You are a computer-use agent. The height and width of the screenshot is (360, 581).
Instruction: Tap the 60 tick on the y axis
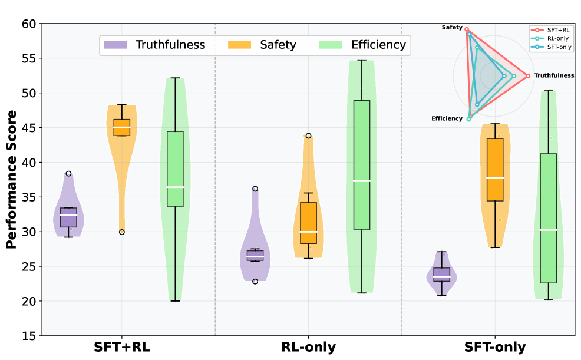[x=29, y=24]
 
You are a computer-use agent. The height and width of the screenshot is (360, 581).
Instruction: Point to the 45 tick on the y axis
[x=29, y=128]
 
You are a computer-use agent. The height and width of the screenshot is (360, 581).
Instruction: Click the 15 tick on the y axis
[x=29, y=336]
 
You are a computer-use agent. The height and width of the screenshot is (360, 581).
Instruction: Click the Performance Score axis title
[x=11, y=179]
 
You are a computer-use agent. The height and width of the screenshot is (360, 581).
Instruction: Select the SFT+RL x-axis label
[x=122, y=347]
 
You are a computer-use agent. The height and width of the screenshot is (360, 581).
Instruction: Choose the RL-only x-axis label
[x=308, y=347]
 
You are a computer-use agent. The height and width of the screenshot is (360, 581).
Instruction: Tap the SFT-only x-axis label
[x=495, y=347]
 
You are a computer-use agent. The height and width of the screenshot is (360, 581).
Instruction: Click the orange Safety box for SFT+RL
[x=122, y=127]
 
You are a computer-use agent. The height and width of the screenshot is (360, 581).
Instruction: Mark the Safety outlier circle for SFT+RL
[x=122, y=232]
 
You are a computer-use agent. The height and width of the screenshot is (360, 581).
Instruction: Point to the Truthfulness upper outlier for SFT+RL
[x=68, y=173]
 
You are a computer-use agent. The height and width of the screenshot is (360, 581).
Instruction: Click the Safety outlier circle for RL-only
[x=308, y=136]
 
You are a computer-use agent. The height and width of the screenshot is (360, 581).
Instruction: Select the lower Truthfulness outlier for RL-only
[x=255, y=281]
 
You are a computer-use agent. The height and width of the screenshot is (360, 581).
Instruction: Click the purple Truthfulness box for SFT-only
[x=441, y=275]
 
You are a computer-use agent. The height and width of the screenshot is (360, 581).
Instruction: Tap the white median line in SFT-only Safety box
[x=495, y=178]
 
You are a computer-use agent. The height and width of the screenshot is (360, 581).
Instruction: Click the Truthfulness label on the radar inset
[x=554, y=75]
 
